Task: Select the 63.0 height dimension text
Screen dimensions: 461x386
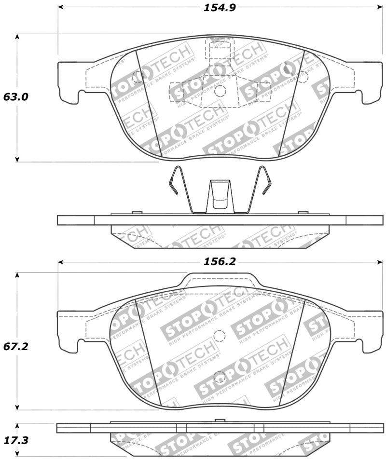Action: tap(16, 96)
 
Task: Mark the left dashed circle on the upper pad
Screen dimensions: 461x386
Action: tap(138, 75)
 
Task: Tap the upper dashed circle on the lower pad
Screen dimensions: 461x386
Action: tap(220, 336)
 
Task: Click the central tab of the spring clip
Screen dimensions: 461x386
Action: tap(220, 196)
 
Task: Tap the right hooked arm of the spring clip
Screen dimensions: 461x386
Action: tap(264, 181)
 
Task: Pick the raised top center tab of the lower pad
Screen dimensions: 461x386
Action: tap(220, 279)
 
